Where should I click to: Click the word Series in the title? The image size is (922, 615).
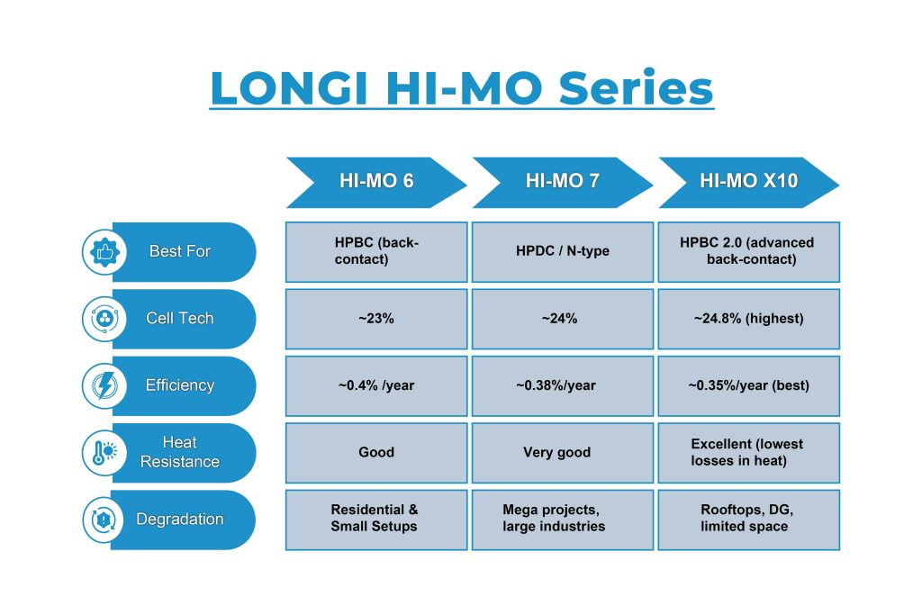click(x=636, y=87)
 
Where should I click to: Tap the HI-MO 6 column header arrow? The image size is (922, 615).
click(x=376, y=182)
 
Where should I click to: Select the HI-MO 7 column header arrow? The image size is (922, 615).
click(x=563, y=182)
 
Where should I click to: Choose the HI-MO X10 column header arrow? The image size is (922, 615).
click(x=748, y=182)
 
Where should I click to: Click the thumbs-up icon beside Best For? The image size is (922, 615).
click(x=104, y=251)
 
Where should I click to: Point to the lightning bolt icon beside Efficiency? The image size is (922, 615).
click(x=104, y=385)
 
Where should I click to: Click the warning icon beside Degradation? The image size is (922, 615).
click(x=104, y=520)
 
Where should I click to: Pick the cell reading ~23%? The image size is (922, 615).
click(x=376, y=319)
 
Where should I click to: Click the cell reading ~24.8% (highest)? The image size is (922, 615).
click(x=748, y=319)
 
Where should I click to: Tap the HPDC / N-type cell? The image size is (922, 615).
click(x=563, y=251)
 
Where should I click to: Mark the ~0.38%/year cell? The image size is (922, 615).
click(x=563, y=385)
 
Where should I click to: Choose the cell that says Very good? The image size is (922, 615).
click(x=563, y=453)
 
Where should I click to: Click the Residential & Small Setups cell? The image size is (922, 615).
click(x=376, y=520)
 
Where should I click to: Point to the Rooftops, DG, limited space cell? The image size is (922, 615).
click(x=748, y=520)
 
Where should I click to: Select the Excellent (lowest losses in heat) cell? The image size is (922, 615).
click(x=748, y=453)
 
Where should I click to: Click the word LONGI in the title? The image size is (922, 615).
click(x=289, y=87)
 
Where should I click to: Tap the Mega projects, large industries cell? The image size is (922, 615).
click(x=563, y=520)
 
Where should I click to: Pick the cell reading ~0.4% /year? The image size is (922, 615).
click(x=376, y=385)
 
